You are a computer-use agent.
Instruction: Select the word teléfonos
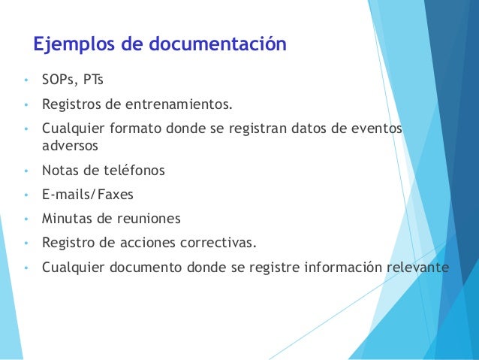[133, 171]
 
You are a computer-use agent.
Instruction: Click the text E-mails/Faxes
[88, 195]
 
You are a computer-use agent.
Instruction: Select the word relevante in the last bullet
[416, 267]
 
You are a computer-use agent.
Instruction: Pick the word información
[340, 267]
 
